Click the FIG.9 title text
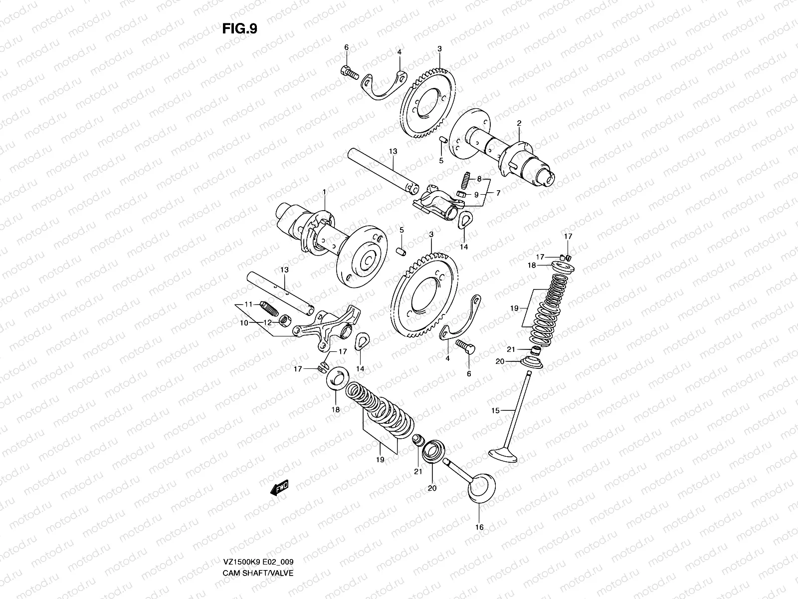(x=239, y=28)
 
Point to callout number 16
(x=480, y=527)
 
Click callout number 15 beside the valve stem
(x=495, y=411)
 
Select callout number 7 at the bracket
(x=498, y=192)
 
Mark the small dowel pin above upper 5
(x=441, y=141)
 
